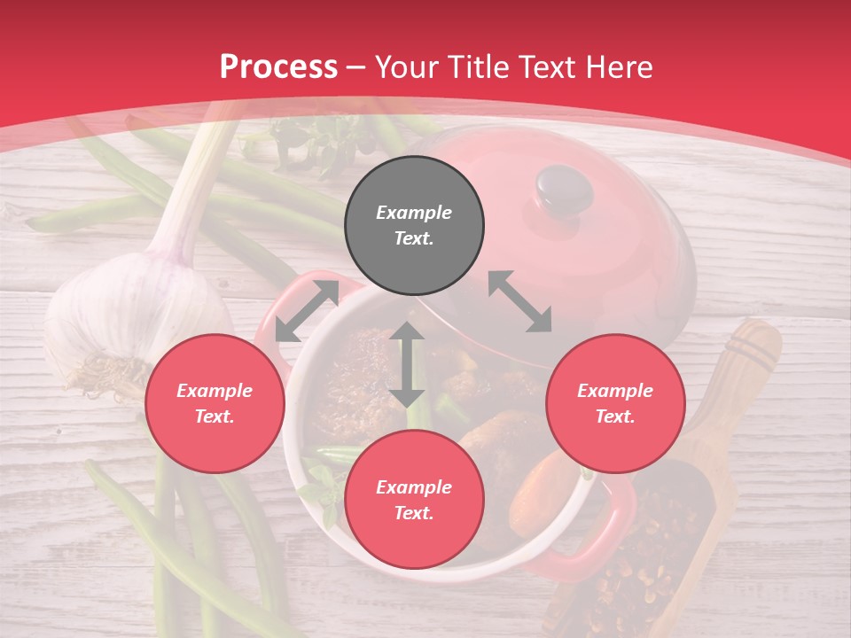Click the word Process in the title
[x=278, y=67]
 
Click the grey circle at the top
[x=414, y=225]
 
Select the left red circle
[x=215, y=403]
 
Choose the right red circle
[x=615, y=403]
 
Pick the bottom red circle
[x=414, y=500]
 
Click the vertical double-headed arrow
[x=407, y=364]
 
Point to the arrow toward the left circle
[x=307, y=311]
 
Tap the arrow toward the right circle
[x=519, y=301]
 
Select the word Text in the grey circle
[x=414, y=238]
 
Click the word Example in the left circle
[x=215, y=391]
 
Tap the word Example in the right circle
[x=615, y=391]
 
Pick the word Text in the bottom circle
[x=414, y=513]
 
